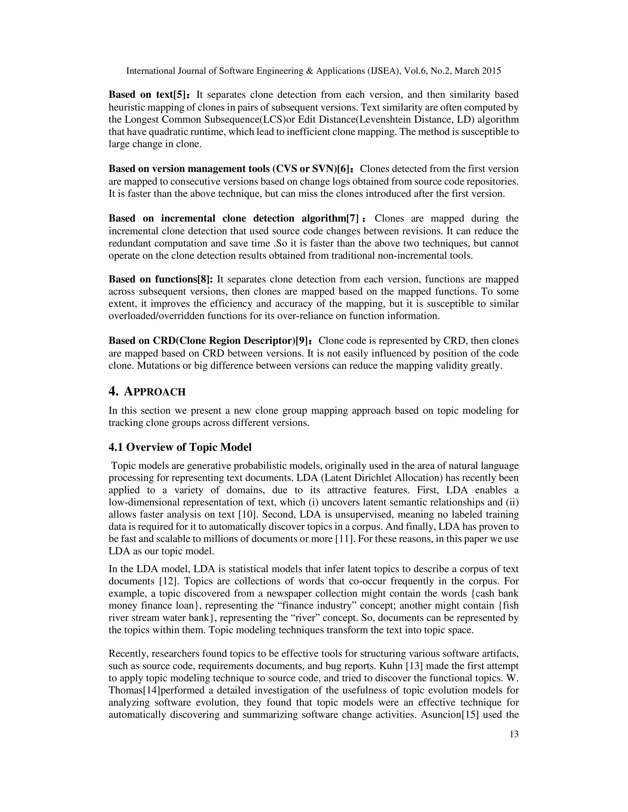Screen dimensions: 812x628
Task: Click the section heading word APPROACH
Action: pos(155,392)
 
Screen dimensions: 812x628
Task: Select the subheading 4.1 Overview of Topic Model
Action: pos(180,447)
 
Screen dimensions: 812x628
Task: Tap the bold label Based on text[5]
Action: pos(147,95)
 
